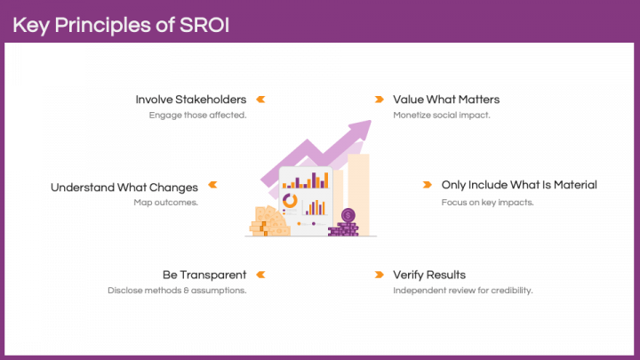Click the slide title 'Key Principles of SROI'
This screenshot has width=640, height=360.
pos(121,24)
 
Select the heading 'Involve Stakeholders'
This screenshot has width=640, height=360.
pos(190,100)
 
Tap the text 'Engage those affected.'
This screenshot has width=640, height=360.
pos(197,116)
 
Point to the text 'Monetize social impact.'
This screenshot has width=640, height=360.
pos(441,116)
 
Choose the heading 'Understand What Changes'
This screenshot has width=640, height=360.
pos(124,187)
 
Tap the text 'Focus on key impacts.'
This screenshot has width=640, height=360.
pos(486,202)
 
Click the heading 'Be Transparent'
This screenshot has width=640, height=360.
pos(204,275)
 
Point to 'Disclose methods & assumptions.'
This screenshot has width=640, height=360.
pos(177,290)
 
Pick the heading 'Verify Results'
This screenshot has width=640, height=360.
pos(429,275)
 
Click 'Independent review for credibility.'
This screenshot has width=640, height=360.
pos(462,290)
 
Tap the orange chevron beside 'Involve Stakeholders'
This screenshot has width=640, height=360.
pos(261,100)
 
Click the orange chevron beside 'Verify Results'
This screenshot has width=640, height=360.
pos(379,275)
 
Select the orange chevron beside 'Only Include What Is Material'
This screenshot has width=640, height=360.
pos(427,186)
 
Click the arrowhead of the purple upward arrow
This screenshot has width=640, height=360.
pos(360,129)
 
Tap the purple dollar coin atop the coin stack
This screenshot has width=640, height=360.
pos(348,215)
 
